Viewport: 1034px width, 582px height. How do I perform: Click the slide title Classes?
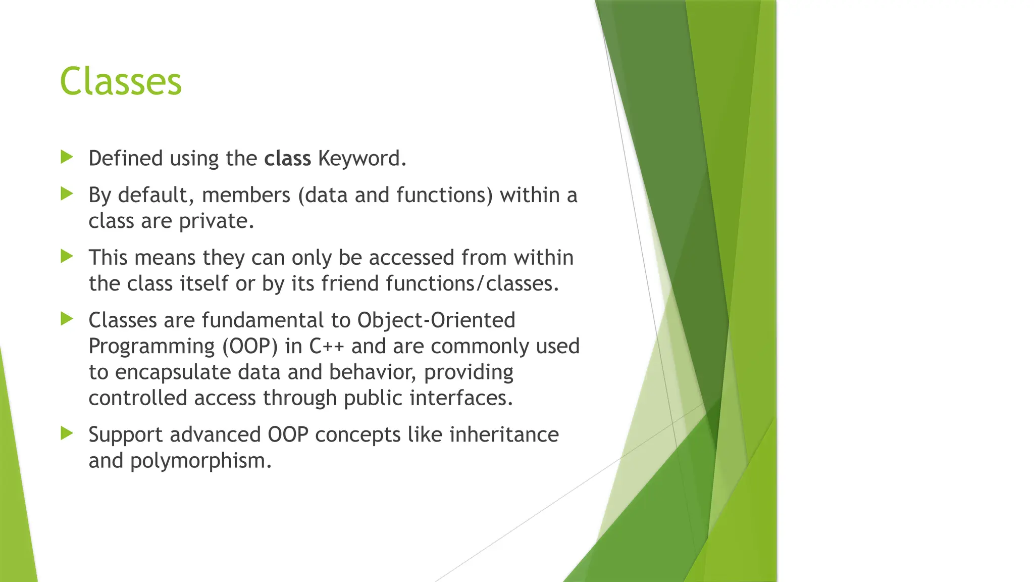(x=121, y=81)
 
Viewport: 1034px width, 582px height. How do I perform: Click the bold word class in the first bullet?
(x=287, y=159)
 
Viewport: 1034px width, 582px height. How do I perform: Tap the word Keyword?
(x=361, y=159)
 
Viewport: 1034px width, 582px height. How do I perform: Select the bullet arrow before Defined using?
(x=67, y=157)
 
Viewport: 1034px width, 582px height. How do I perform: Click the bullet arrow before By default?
(x=67, y=193)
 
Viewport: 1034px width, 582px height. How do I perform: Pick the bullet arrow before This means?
(x=67, y=256)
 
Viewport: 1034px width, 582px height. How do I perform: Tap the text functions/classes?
(x=473, y=283)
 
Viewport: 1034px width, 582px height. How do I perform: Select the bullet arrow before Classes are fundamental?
(x=67, y=319)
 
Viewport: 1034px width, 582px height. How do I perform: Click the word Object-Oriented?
(x=436, y=320)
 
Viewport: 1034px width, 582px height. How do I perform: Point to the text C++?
(x=326, y=347)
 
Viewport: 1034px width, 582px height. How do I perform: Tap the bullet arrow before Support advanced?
(x=67, y=433)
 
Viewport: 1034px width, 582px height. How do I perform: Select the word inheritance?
(x=503, y=434)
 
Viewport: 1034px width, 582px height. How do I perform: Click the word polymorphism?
(x=200, y=461)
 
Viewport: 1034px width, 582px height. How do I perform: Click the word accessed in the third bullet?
(x=411, y=258)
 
